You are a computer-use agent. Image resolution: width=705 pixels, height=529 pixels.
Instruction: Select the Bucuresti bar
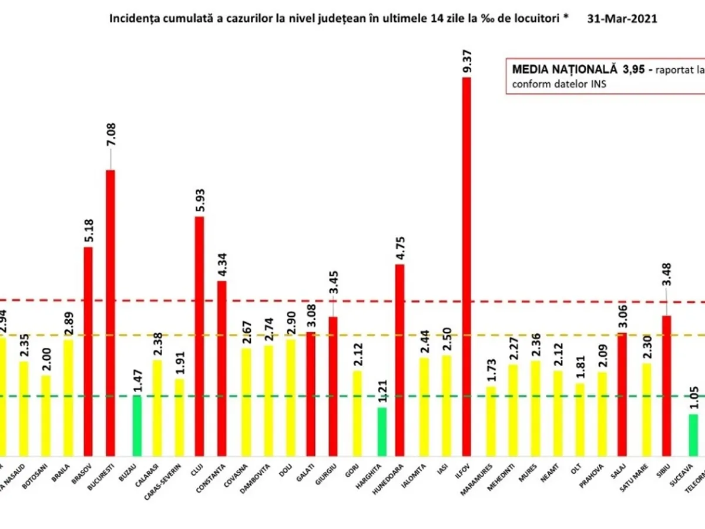tap(110, 312)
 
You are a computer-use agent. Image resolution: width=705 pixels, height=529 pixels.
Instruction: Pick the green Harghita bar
tap(381, 431)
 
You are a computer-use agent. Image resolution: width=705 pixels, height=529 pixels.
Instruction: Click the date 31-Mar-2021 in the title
tap(622, 18)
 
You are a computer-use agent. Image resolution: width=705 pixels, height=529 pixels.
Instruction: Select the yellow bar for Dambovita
tap(268, 400)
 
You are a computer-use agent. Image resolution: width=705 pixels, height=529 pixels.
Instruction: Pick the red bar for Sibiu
tap(667, 386)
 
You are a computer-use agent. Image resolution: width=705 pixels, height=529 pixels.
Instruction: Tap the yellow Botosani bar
tap(46, 415)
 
